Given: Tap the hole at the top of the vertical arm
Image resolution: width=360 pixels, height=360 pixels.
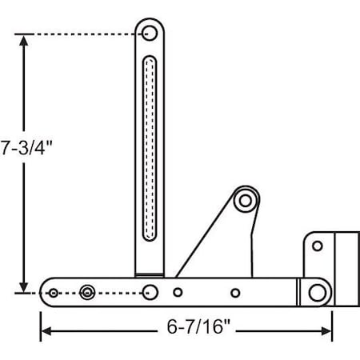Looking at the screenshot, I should pyautogui.click(x=149, y=34).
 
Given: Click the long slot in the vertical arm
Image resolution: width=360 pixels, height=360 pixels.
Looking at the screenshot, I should pyautogui.click(x=149, y=147).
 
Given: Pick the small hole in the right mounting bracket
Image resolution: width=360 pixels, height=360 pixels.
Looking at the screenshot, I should pyautogui.click(x=318, y=246).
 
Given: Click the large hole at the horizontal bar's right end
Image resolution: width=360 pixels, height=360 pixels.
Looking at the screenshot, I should pyautogui.click(x=318, y=292).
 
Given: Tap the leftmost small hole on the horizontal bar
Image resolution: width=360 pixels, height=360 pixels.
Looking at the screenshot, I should pyautogui.click(x=54, y=293).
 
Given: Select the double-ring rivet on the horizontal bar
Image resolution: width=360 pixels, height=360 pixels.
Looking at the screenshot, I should pyautogui.click(x=87, y=293).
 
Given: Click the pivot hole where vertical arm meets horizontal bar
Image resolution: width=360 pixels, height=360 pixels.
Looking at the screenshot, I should pyautogui.click(x=149, y=291).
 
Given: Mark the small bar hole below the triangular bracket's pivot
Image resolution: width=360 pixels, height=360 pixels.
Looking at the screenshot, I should pyautogui.click(x=235, y=293).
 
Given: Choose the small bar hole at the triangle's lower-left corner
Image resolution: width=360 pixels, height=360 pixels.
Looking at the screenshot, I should pyautogui.click(x=178, y=293).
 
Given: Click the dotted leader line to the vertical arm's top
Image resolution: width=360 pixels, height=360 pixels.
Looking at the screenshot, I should pyautogui.click(x=80, y=34).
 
